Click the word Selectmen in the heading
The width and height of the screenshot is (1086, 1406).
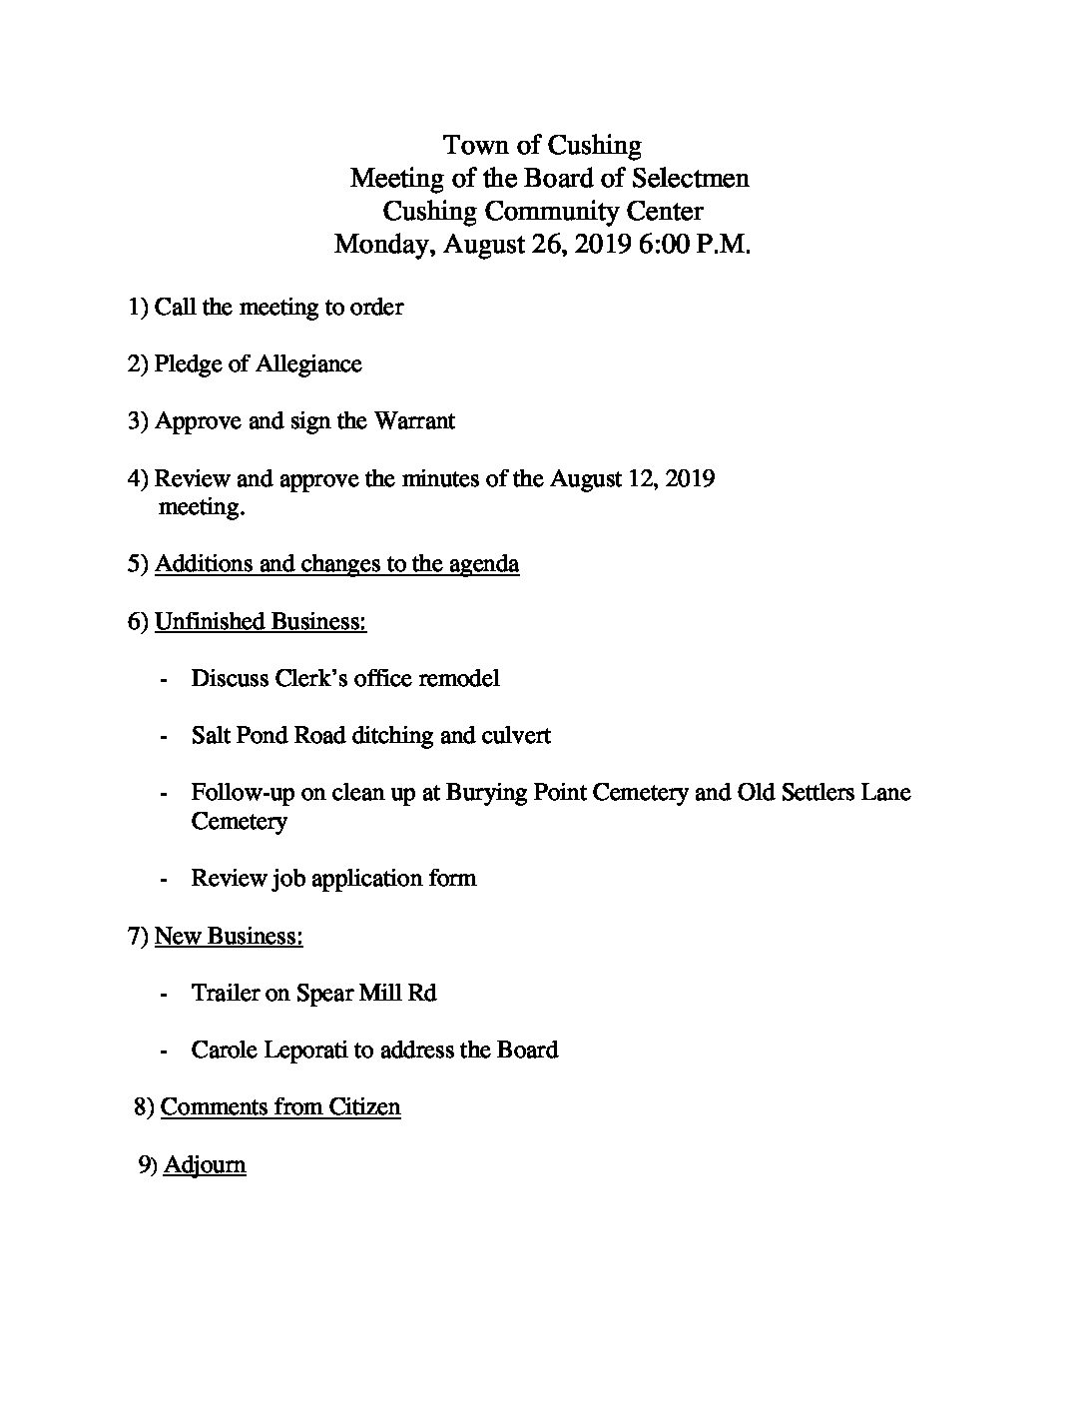(693, 179)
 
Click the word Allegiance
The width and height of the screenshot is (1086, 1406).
(308, 363)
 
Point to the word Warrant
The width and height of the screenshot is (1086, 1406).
(414, 421)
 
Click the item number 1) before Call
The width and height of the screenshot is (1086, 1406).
(139, 307)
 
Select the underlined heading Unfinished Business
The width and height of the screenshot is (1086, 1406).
(260, 622)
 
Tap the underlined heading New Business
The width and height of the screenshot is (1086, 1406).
(229, 937)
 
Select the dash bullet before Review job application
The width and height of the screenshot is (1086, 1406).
(163, 880)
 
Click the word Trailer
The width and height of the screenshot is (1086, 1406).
(226, 994)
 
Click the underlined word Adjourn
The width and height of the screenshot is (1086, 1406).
(205, 1165)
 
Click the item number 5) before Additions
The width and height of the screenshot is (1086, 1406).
(139, 564)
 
